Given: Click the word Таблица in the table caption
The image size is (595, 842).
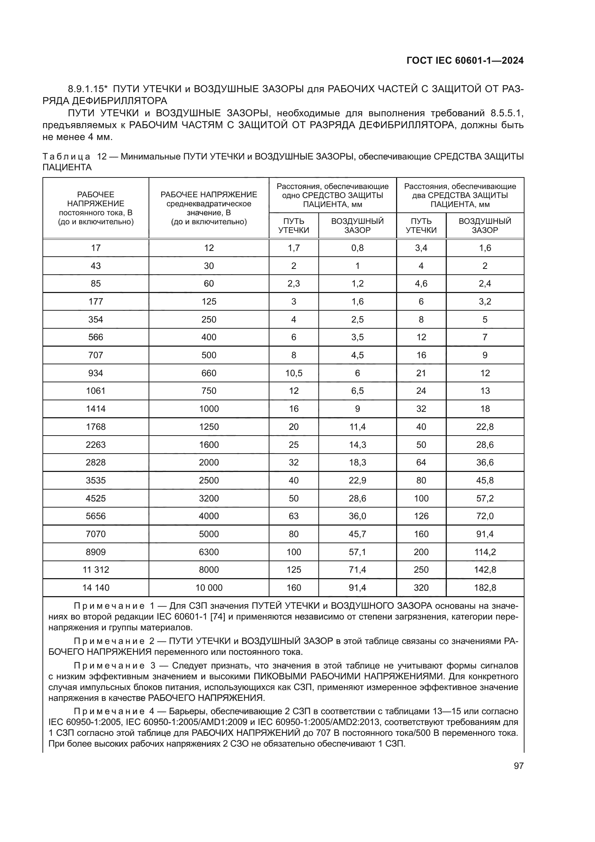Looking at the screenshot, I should (66, 157).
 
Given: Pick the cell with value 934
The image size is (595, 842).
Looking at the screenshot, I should (96, 373).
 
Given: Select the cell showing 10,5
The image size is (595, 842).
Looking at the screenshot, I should (294, 373).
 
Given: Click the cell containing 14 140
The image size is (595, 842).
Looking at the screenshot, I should (96, 587).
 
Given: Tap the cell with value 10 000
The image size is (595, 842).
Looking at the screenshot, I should (209, 587).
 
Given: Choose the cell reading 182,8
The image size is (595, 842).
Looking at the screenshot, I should (485, 587).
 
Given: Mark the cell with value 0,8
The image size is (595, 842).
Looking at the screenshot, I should (357, 248).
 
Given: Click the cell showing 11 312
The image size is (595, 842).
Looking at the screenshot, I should (96, 569).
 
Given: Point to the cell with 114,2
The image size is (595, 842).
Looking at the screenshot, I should (485, 552).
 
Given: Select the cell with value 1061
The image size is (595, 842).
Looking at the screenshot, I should (96, 391).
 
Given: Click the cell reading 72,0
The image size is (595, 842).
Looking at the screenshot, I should (485, 516).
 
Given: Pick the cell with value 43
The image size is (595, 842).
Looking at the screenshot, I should (96, 266).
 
